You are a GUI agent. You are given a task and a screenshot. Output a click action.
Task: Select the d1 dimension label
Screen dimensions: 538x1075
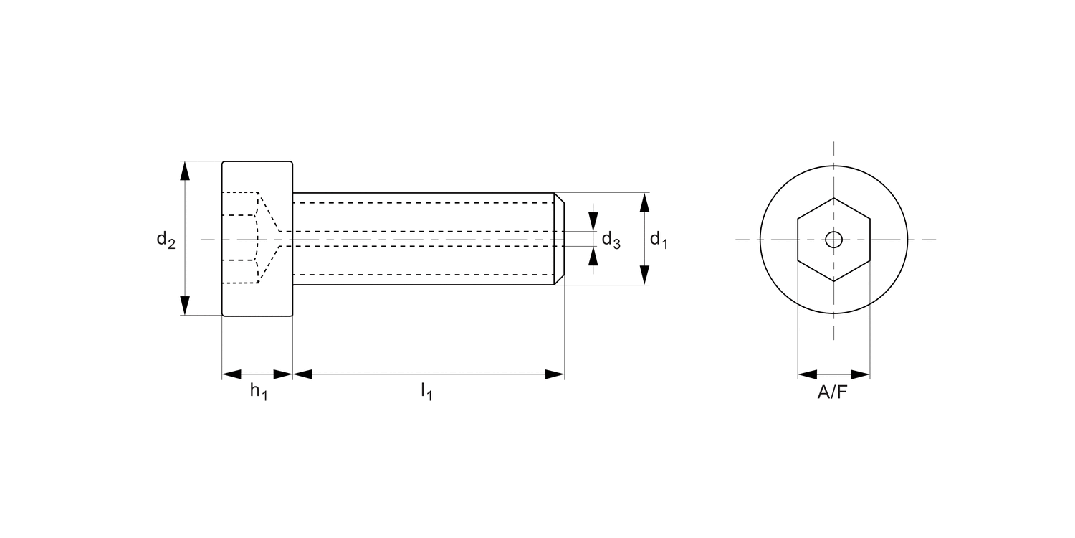[x=658, y=240]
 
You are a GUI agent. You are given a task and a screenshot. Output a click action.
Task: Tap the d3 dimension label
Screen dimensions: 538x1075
[x=611, y=240]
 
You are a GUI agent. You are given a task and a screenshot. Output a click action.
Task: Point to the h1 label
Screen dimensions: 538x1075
[x=258, y=392]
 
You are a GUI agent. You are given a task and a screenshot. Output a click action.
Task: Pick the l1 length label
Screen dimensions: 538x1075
[x=427, y=392]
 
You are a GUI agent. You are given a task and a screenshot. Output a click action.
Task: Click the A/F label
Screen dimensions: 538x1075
[x=833, y=392]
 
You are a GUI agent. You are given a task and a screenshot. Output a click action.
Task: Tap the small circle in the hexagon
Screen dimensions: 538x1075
[x=833, y=240]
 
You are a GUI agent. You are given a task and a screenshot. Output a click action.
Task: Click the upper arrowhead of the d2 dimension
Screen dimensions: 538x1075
[x=186, y=171]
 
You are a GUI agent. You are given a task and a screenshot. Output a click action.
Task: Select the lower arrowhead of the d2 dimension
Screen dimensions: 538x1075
[x=186, y=305]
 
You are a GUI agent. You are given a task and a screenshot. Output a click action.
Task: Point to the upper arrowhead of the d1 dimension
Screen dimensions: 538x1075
[x=644, y=202]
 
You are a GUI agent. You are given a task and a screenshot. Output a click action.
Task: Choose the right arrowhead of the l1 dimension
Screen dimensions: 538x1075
[x=555, y=374]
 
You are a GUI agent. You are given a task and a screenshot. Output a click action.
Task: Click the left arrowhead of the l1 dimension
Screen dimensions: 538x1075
[x=302, y=374]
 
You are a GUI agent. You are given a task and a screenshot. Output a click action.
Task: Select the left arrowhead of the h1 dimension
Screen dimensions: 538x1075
[x=231, y=374]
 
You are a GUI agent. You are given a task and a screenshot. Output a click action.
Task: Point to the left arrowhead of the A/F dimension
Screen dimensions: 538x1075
[x=807, y=374]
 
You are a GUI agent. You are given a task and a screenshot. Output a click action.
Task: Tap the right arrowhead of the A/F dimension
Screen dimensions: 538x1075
[x=860, y=374]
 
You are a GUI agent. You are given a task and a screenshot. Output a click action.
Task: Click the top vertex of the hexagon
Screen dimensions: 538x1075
[x=833, y=197]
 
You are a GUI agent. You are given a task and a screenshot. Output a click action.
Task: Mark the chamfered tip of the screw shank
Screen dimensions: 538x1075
[x=560, y=239]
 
